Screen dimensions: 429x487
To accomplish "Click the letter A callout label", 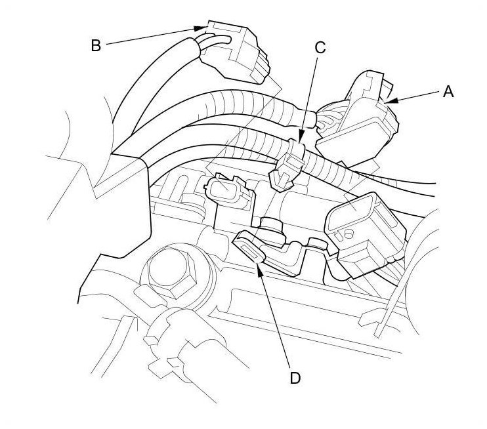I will [448, 92].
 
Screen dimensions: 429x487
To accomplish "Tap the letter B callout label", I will [96, 45].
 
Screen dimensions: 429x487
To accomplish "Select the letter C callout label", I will [320, 47].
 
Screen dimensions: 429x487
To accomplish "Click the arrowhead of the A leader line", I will [389, 101].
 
